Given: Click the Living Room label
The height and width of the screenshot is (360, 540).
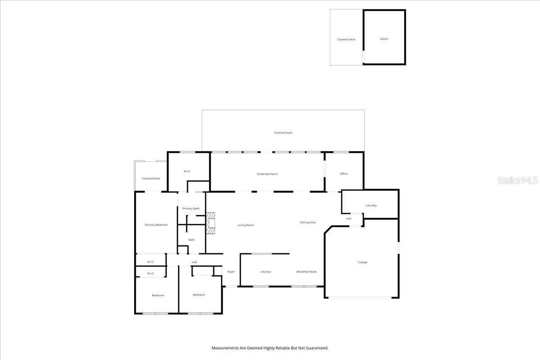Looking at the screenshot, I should click(246, 225).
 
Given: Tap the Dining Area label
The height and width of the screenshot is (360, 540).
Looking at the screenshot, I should click(308, 222).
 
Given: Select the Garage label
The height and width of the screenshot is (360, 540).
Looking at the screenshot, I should click(362, 262).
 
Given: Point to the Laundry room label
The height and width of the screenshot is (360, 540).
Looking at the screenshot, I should click(371, 206).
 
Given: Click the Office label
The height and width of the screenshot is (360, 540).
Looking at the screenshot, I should click(344, 174).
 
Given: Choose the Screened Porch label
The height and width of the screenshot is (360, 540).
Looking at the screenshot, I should click(267, 174).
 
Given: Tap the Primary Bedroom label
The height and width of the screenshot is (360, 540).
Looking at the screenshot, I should click(156, 225).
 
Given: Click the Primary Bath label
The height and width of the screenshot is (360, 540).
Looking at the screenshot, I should click(191, 208).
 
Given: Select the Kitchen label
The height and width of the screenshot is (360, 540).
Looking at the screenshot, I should click(266, 272).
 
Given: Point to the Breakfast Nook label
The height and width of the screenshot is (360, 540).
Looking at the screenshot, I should click(306, 272).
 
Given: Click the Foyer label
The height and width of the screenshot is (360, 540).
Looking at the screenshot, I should click(231, 272).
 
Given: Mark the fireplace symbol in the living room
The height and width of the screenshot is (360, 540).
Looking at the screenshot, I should click(211, 223).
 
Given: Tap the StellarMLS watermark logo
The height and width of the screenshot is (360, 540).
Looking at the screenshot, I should click(517, 180).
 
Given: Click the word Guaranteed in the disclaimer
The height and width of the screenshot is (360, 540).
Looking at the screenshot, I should click(317, 348).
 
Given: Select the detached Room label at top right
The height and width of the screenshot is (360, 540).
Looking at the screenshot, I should click(384, 39).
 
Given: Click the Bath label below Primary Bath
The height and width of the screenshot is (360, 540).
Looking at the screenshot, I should click(191, 240).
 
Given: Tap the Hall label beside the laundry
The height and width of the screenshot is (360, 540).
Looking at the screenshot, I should click(349, 219).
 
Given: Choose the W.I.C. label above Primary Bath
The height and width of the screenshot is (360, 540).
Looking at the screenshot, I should click(187, 171).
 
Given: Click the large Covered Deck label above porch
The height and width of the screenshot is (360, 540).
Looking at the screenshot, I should click(283, 133).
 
